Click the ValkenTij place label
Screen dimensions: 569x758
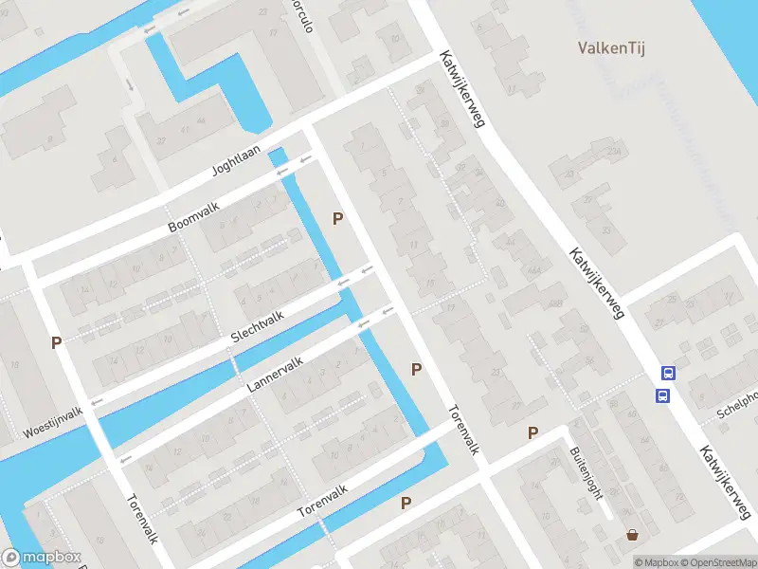(611, 47)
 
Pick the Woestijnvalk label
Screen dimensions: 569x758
(53, 422)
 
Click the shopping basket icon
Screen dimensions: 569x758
(632, 535)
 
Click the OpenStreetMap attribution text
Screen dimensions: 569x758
(716, 562)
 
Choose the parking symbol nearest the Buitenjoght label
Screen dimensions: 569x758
(532, 433)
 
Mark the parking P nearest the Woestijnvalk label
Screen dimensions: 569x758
(57, 342)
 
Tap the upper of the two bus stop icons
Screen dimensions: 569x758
(668, 374)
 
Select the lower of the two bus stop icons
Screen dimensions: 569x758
(663, 395)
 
